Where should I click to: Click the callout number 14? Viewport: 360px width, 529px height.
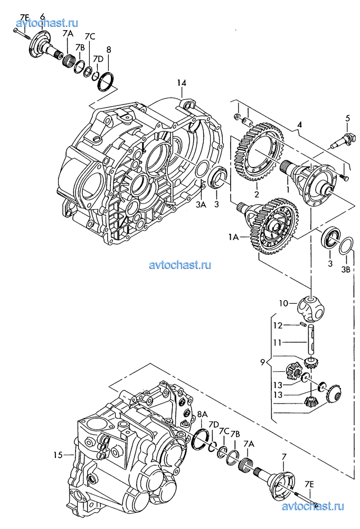(182, 83)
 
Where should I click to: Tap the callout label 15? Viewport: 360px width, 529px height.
(58, 455)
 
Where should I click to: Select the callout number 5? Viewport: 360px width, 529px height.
(347, 119)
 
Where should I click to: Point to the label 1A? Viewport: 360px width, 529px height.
(233, 237)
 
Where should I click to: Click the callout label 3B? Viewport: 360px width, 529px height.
(345, 270)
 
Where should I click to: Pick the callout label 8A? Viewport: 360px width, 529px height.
(202, 414)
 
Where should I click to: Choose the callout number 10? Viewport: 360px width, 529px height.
(283, 303)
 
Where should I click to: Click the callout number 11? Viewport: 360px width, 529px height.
(277, 343)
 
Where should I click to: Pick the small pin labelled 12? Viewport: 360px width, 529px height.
(302, 324)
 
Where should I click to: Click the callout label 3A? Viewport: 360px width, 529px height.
(201, 205)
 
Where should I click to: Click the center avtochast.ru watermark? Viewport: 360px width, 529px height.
(180, 265)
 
